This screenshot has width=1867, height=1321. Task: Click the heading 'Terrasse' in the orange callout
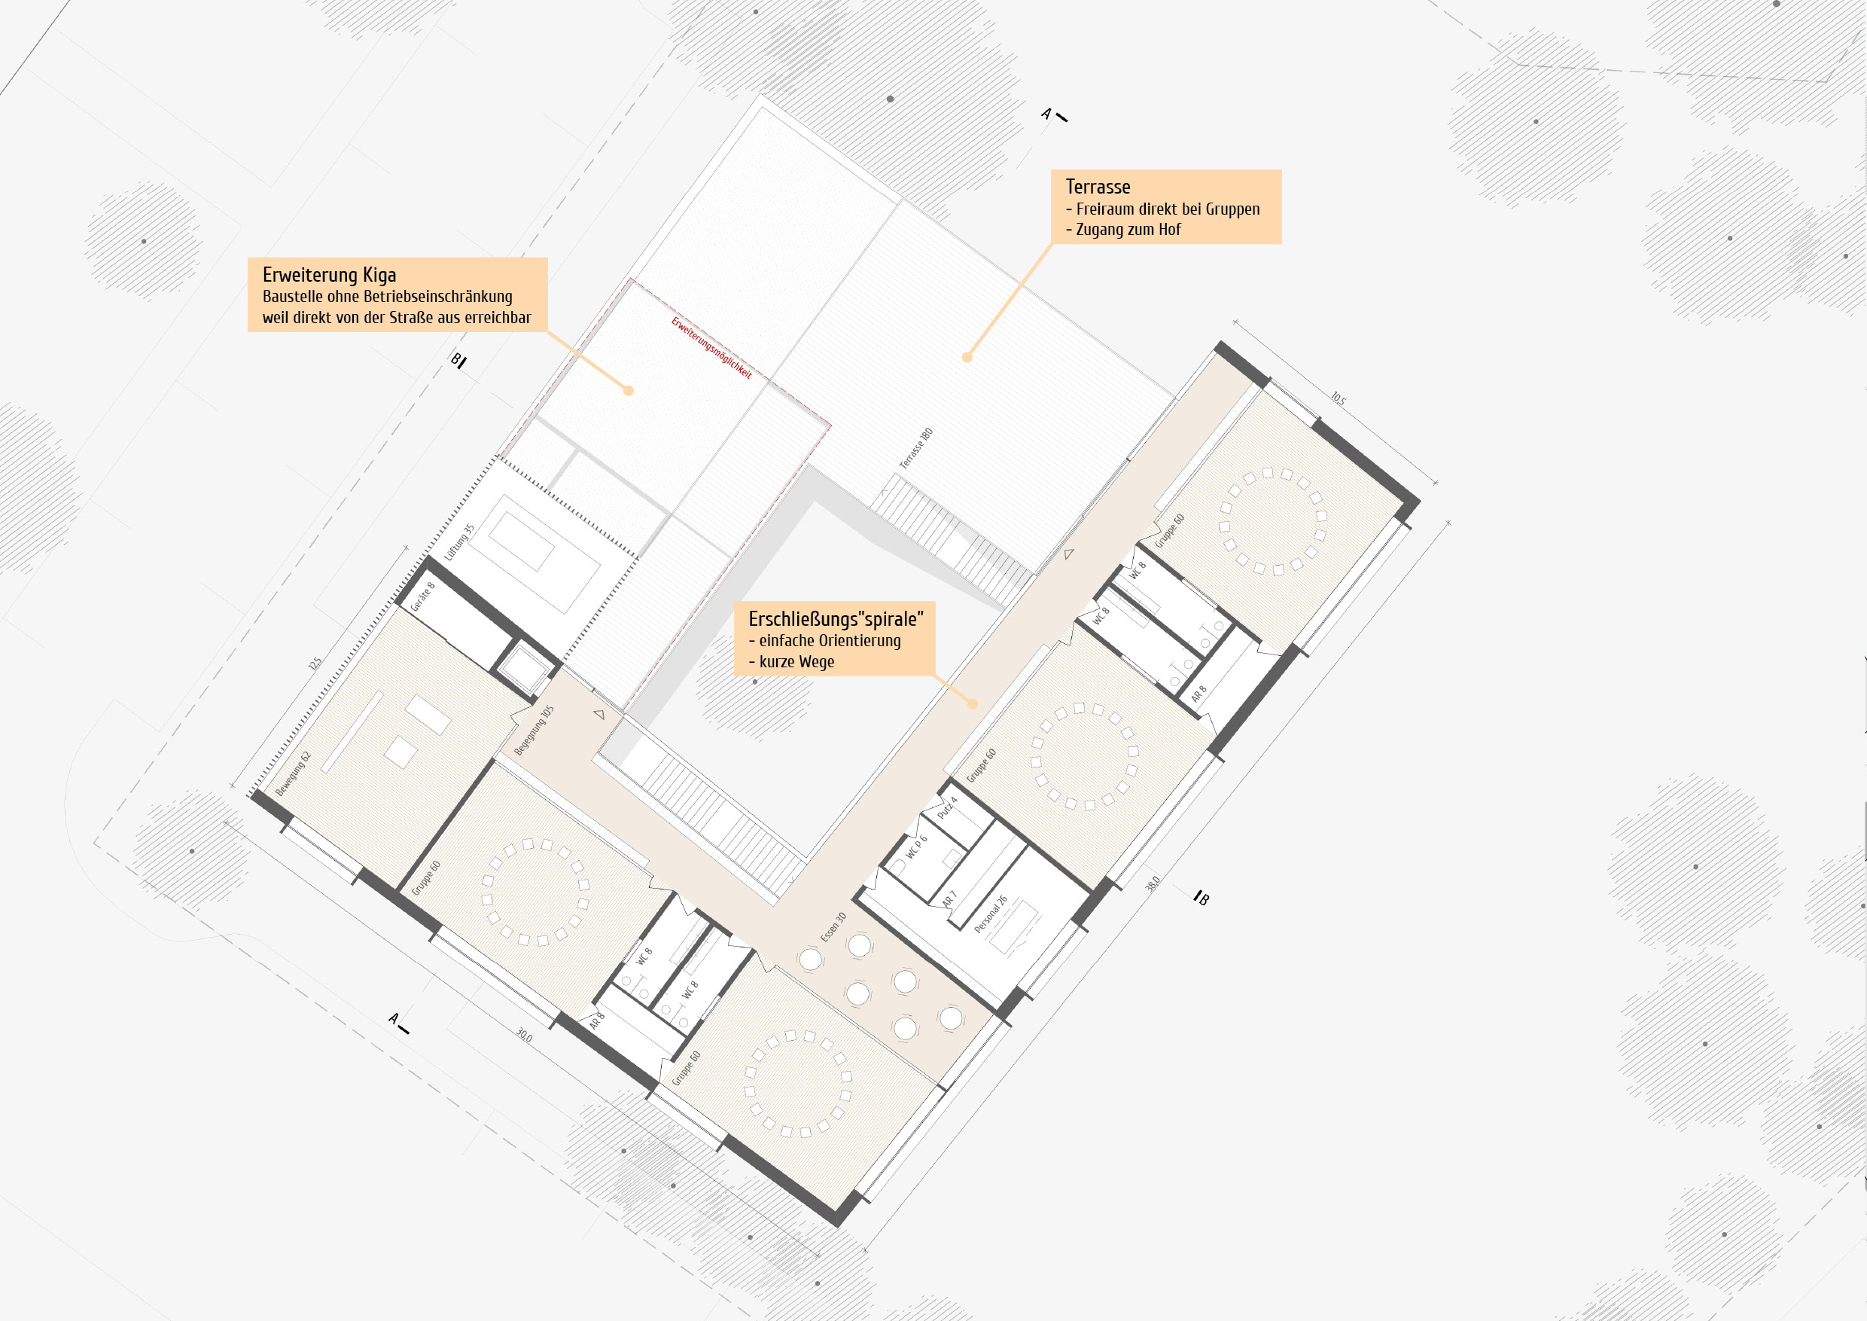click(1098, 187)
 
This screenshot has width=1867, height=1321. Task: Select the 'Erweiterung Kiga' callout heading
click(329, 275)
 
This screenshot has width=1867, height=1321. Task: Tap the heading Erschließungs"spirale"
click(836, 619)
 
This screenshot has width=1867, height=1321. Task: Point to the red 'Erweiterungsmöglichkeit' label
click(711, 347)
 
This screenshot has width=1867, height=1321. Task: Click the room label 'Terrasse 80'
click(915, 449)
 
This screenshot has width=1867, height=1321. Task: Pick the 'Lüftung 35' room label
click(459, 542)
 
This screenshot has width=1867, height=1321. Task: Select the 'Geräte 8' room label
click(422, 596)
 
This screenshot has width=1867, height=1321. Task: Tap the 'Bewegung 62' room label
click(293, 773)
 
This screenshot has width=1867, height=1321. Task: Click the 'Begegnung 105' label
click(534, 730)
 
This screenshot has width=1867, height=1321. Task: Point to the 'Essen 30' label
click(833, 926)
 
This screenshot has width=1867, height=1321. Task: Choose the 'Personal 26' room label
click(991, 914)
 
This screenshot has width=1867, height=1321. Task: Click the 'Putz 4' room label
click(947, 807)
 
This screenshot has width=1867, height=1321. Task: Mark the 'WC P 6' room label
click(916, 847)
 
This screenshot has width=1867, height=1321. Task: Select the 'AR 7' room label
click(949, 898)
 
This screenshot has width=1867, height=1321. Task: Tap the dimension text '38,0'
click(1153, 883)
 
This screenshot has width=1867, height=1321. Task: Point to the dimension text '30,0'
click(524, 1036)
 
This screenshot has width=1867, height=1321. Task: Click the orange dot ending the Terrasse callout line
click(967, 357)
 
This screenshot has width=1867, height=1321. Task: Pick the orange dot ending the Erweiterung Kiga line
click(628, 390)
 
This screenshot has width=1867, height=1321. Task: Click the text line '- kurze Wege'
click(791, 661)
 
